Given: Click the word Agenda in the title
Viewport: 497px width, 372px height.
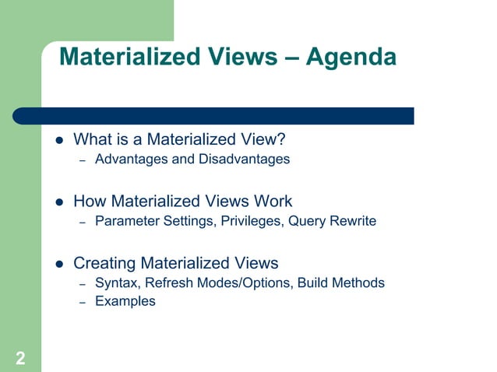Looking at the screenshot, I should pos(351,57).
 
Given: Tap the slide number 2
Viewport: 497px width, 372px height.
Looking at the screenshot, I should pos(19,358).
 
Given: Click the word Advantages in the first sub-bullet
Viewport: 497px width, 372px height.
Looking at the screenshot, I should pos(128,160).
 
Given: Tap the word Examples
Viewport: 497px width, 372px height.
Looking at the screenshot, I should pos(125,301).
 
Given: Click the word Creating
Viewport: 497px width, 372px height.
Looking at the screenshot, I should pos(105,263).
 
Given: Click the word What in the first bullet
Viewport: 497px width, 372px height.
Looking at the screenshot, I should pos(91,140).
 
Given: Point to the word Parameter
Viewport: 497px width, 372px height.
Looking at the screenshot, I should pos(127,221).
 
